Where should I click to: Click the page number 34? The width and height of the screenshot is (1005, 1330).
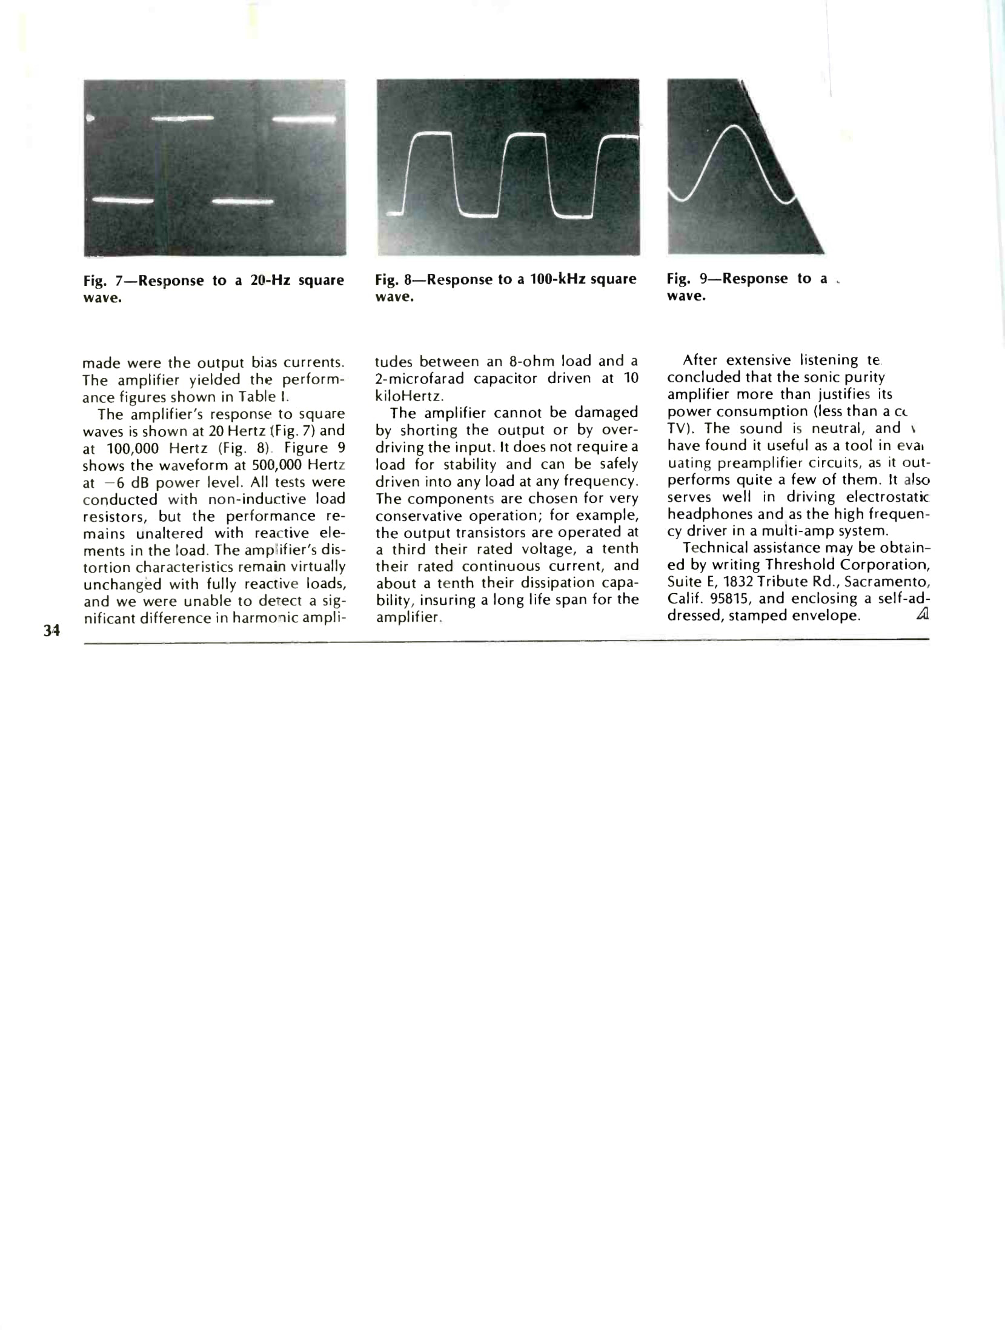pyautogui.click(x=52, y=630)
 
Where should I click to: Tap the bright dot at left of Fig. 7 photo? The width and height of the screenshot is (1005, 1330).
pyautogui.click(x=90, y=118)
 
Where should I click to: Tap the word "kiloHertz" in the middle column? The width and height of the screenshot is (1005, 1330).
pyautogui.click(x=410, y=396)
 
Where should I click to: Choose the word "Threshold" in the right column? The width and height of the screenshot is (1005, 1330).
pyautogui.click(x=800, y=565)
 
